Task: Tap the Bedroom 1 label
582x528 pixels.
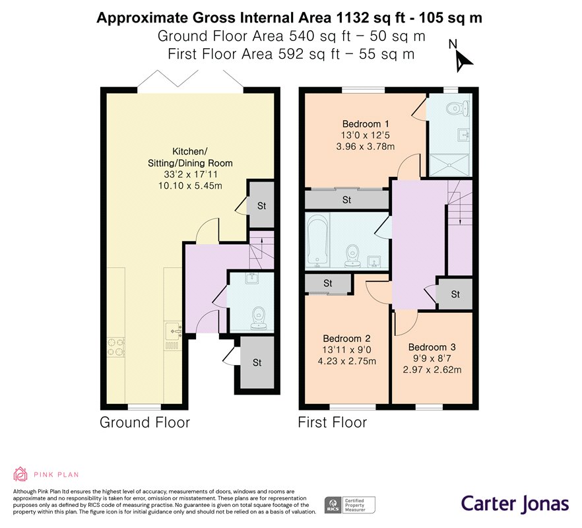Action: coord(366,123)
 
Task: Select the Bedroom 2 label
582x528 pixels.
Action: coord(346,339)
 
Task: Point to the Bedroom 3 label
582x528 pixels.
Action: coord(432,347)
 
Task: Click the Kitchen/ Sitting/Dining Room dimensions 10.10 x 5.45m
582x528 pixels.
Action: coord(190,185)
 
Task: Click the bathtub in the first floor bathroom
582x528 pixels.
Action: coord(317,240)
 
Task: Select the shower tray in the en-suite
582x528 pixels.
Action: coord(449,164)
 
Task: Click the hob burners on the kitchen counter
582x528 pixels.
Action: coord(116,346)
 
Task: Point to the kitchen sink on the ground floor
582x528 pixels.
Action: coord(173,331)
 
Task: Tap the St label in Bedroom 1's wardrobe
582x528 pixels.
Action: coord(346,200)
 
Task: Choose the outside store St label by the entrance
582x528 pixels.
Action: coord(257,362)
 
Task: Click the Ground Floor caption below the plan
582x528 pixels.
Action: coord(145,422)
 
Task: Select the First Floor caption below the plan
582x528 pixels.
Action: coord(332,422)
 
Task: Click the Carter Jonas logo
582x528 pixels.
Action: coord(515,504)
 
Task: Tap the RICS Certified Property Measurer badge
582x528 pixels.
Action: coord(350,505)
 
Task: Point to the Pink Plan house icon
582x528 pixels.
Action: coord(20,474)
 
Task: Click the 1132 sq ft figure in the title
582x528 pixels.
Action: coord(371,18)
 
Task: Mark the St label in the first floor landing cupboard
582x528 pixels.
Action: coord(455,294)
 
